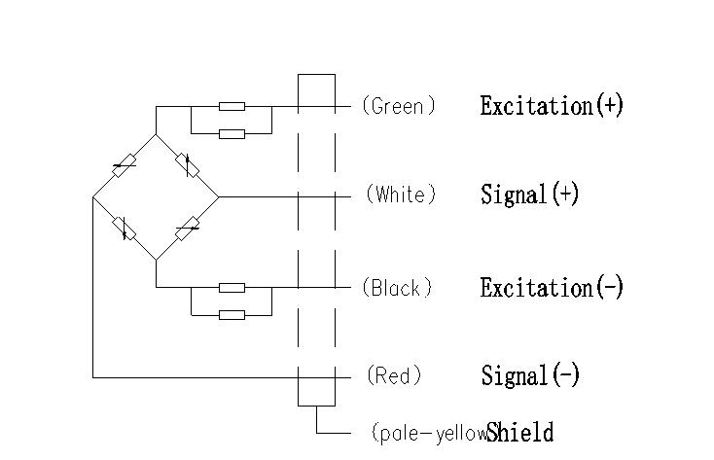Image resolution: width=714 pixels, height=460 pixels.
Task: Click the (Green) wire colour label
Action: pyautogui.click(x=398, y=106)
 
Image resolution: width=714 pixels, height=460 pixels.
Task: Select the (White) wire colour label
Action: pyautogui.click(x=401, y=195)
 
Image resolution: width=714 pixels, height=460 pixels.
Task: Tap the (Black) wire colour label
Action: pyautogui.click(x=397, y=288)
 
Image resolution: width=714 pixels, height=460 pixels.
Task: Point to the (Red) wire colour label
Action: pyautogui.click(x=394, y=375)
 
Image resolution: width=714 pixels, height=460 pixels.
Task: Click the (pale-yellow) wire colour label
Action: pyautogui.click(x=428, y=433)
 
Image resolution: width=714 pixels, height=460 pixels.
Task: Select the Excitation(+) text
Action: pyautogui.click(x=552, y=106)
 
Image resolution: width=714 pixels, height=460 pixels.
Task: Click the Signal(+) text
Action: pyautogui.click(x=530, y=195)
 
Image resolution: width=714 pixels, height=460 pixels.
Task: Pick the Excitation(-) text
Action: pyautogui.click(x=552, y=288)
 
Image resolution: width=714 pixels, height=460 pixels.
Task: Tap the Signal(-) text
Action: pyautogui.click(x=530, y=375)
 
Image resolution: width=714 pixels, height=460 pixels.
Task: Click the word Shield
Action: pyautogui.click(x=520, y=433)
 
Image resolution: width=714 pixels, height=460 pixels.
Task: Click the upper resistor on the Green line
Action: pyautogui.click(x=232, y=106)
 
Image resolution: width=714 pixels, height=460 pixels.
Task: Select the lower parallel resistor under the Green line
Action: pyautogui.click(x=232, y=133)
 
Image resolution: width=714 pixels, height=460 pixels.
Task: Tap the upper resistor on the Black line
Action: pyautogui.click(x=232, y=287)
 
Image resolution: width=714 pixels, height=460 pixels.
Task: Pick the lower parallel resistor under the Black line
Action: pyautogui.click(x=232, y=314)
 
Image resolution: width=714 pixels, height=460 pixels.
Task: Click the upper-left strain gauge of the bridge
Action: pyautogui.click(x=124, y=166)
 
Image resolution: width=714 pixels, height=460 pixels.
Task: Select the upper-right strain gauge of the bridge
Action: pyautogui.click(x=189, y=165)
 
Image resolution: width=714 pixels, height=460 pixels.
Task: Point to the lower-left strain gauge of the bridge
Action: pyautogui.click(x=124, y=229)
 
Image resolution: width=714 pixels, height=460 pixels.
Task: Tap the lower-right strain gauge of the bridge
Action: pyautogui.click(x=188, y=229)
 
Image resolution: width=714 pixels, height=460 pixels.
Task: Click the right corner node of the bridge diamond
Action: pyautogui.click(x=219, y=196)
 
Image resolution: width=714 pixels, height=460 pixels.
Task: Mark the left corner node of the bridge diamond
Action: pyautogui.click(x=93, y=197)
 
